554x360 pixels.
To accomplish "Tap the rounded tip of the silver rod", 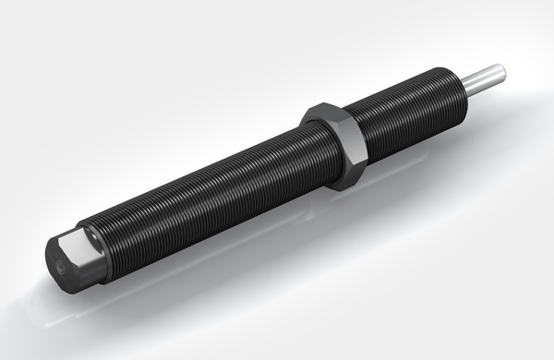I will coord(500,70).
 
